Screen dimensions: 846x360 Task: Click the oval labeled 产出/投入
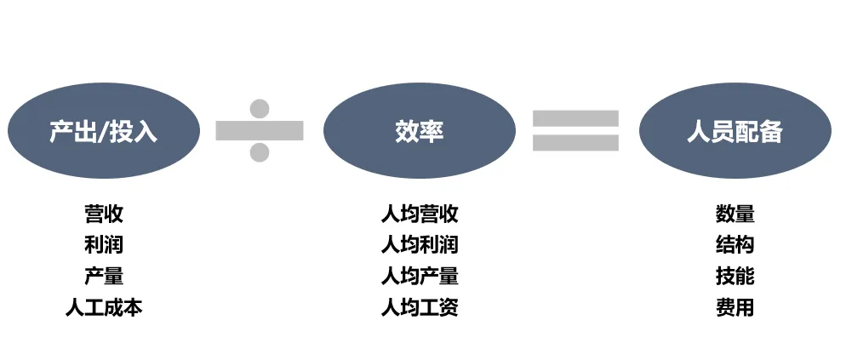[x=104, y=131]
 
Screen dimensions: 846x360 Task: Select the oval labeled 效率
[x=420, y=131]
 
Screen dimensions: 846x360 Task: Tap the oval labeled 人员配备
[x=735, y=131]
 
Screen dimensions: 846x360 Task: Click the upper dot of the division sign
[x=260, y=108]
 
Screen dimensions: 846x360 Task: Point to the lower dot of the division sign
[x=260, y=152]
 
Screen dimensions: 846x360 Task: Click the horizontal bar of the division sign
[x=260, y=130]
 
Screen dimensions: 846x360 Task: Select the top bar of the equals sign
[x=576, y=117]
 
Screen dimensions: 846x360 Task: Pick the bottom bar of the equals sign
[x=576, y=143]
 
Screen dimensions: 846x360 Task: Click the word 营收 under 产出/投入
[x=104, y=214]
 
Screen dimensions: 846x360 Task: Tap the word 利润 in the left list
[x=104, y=245]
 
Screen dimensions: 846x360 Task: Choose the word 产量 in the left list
[x=104, y=276]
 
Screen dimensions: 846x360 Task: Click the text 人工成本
[x=104, y=307]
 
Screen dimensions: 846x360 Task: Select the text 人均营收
[x=420, y=214]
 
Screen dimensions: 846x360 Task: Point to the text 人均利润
[x=420, y=245]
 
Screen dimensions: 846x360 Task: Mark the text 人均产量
[x=420, y=276]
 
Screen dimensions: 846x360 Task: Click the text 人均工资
[x=420, y=307]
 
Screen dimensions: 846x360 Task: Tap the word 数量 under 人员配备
[x=735, y=214]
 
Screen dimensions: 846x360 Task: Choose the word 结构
[x=735, y=245]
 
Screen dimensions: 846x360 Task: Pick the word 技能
[x=735, y=276]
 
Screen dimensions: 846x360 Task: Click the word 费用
[x=735, y=307]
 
